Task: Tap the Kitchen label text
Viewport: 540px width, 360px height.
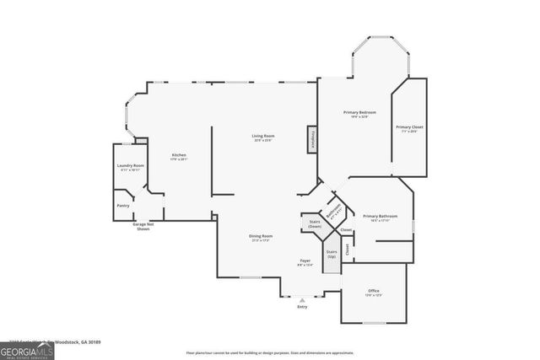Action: click(178, 156)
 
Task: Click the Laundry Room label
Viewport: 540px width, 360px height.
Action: click(131, 167)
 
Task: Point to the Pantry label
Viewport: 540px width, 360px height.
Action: click(121, 204)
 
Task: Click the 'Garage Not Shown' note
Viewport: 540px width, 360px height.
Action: click(143, 226)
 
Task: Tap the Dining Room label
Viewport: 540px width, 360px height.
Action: click(261, 237)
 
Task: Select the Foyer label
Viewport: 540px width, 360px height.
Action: click(305, 262)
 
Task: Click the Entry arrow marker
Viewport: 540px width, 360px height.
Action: click(302, 300)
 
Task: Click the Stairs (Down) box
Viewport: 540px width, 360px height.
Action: click(314, 223)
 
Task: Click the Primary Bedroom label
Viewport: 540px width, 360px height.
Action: click(359, 114)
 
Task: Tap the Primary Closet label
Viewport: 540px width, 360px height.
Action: click(410, 128)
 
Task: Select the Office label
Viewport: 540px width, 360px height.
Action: click(373, 292)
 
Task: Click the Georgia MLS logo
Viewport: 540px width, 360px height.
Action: click(27, 349)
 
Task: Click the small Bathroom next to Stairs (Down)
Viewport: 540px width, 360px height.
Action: click(333, 212)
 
